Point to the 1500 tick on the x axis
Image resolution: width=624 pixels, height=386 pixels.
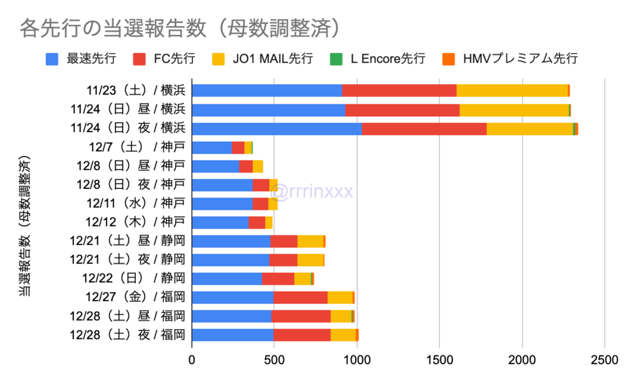[x=439, y=360]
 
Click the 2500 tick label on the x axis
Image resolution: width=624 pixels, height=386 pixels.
[x=604, y=360]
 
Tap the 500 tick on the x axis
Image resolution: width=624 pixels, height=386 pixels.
[x=274, y=360]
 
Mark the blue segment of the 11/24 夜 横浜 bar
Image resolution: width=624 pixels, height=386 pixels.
[x=277, y=129]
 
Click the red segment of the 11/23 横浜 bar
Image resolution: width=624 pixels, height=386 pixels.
[x=399, y=91]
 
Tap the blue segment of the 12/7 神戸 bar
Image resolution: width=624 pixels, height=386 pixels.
[x=212, y=148]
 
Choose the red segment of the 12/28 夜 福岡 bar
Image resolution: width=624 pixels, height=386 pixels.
[x=302, y=335]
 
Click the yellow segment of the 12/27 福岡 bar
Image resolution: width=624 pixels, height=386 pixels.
[x=340, y=298]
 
